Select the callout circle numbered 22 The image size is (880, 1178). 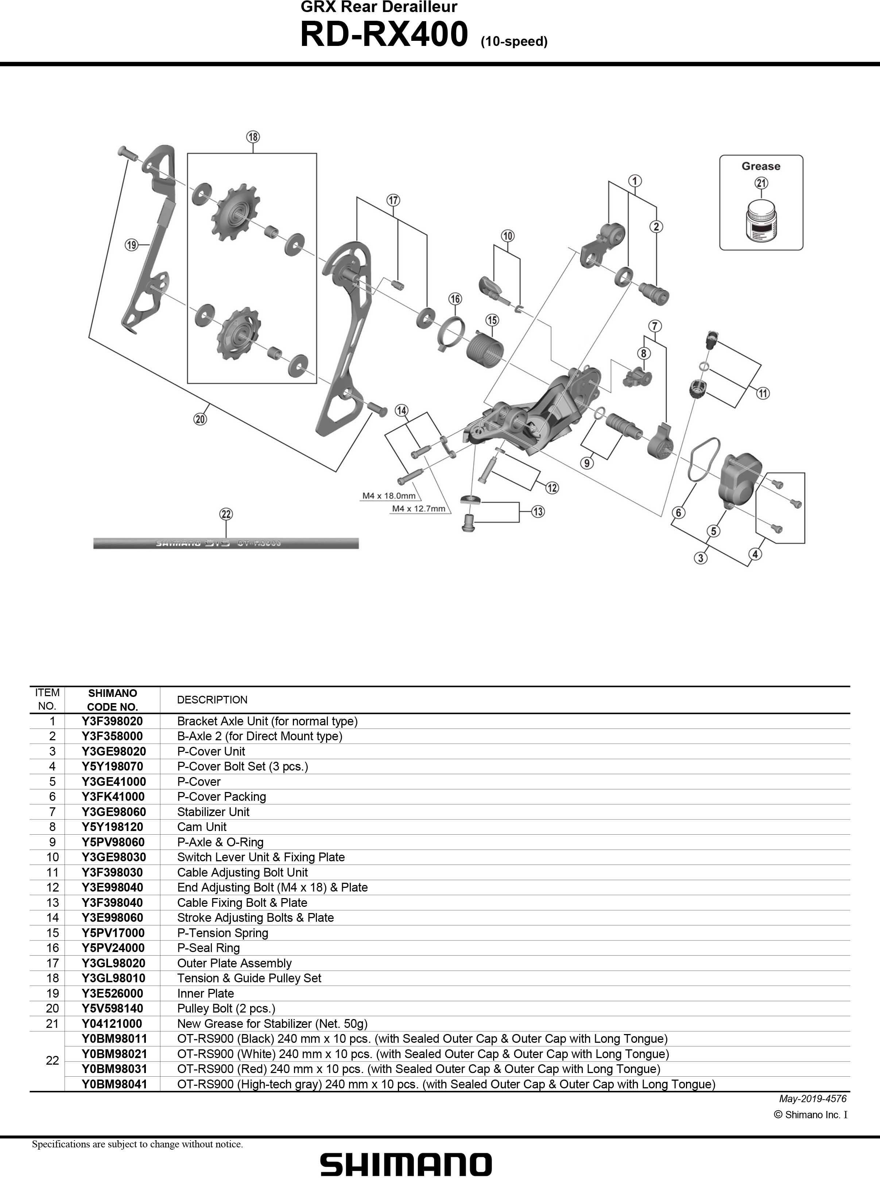(226, 514)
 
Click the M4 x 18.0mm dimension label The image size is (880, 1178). (388, 496)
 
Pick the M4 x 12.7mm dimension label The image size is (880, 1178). (418, 508)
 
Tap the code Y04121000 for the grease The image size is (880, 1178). (112, 1023)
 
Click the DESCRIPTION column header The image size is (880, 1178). (212, 699)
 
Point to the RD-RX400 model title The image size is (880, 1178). (384, 35)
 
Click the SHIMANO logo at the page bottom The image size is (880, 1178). (406, 1165)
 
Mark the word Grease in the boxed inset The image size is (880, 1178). (761, 166)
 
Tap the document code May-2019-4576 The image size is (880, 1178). (812, 1098)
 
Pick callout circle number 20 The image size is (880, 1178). (200, 419)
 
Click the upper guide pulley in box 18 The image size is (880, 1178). (234, 212)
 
